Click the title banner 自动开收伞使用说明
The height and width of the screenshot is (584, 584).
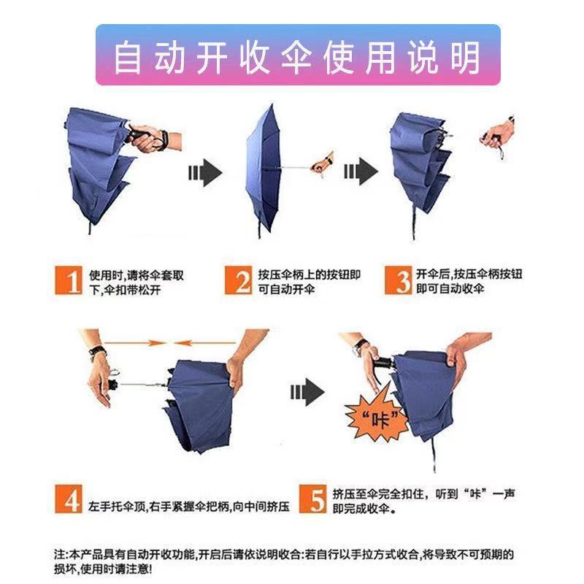coord(297,55)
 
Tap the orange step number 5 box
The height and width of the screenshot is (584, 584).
coord(315,501)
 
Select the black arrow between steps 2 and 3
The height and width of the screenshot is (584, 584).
coord(360,174)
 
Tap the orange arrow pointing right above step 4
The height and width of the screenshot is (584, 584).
coord(123,342)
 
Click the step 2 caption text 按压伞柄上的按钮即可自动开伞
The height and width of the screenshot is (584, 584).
coord(309,281)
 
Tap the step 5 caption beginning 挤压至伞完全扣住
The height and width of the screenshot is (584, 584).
coord(423,502)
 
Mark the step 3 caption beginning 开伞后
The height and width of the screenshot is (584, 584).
coord(469,281)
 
